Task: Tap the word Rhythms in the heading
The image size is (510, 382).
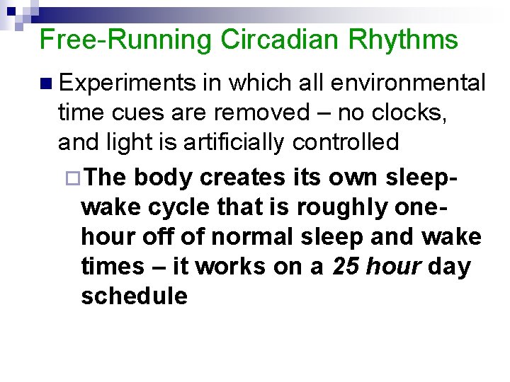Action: coord(403,40)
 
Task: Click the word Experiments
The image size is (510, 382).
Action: coord(127,83)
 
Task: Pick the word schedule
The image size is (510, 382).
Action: coord(134,296)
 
